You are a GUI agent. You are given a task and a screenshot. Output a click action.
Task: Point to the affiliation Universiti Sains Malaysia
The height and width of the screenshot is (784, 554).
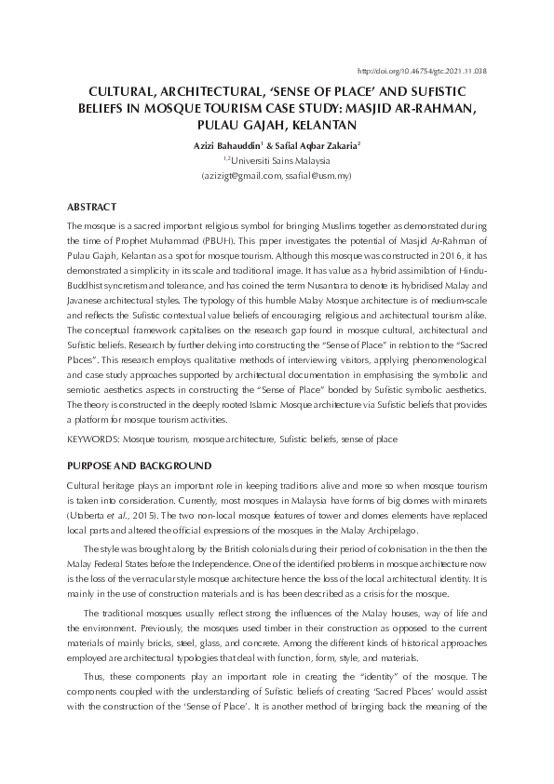coord(281,160)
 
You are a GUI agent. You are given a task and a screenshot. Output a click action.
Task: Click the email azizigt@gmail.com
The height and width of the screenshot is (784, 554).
coord(243,175)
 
